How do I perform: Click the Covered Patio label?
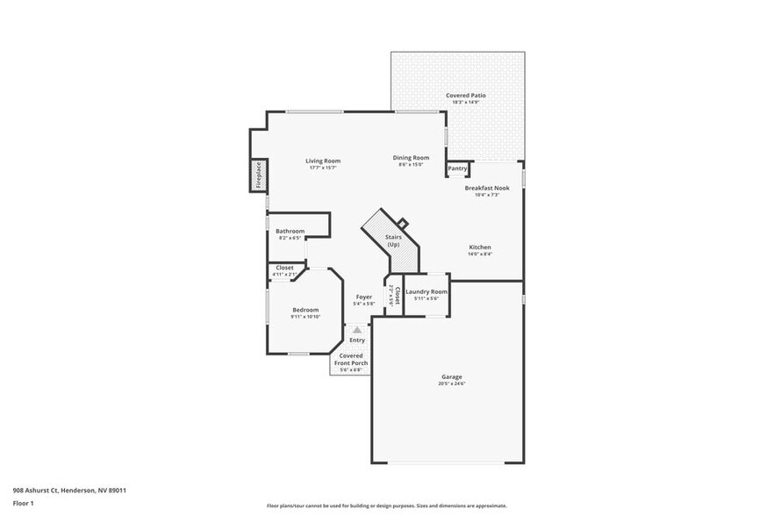465,95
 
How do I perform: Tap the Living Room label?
323,161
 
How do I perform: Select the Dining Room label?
411,158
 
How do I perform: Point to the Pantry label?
457,168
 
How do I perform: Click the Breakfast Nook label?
487,188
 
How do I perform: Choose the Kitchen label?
480,247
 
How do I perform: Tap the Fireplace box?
259,176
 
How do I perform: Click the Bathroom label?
290,231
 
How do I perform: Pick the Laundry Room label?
426,291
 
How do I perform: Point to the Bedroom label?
305,310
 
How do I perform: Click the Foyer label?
364,297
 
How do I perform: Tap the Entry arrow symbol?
357,330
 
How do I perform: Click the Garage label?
451,377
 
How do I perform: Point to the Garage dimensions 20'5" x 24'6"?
451,383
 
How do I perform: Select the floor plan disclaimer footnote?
386,505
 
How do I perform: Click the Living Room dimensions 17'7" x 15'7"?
323,168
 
